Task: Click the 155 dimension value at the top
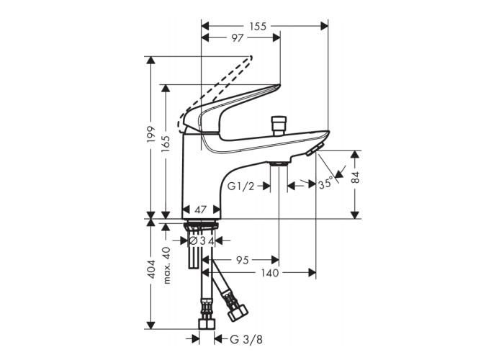pos(258,26)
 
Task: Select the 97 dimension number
pos(237,38)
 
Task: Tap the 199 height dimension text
pos(150,135)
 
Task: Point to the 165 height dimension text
pos(166,144)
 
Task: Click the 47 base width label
pos(201,210)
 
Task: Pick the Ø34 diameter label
pos(202,240)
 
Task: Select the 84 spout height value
pos(355,177)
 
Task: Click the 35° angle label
pos(325,184)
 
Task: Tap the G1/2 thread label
pos(240,186)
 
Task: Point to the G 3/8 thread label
pos(246,339)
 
